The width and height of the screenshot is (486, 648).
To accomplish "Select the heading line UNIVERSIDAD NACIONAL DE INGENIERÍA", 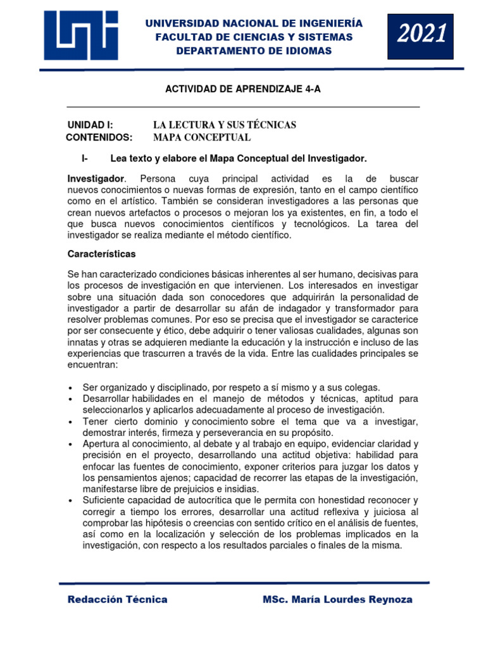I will coord(254,23).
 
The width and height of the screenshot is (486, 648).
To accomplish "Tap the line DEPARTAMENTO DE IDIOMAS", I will coord(254,51).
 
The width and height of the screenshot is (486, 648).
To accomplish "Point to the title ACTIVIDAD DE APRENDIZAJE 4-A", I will coord(243,89).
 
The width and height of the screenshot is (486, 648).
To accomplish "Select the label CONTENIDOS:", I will coord(99,137).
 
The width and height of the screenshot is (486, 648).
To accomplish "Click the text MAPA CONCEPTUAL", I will coord(202,137).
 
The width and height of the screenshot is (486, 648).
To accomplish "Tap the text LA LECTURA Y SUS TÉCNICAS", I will coord(225,125).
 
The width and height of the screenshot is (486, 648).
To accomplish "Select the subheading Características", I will coord(101,254).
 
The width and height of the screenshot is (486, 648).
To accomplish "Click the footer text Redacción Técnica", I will coord(118,599).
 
